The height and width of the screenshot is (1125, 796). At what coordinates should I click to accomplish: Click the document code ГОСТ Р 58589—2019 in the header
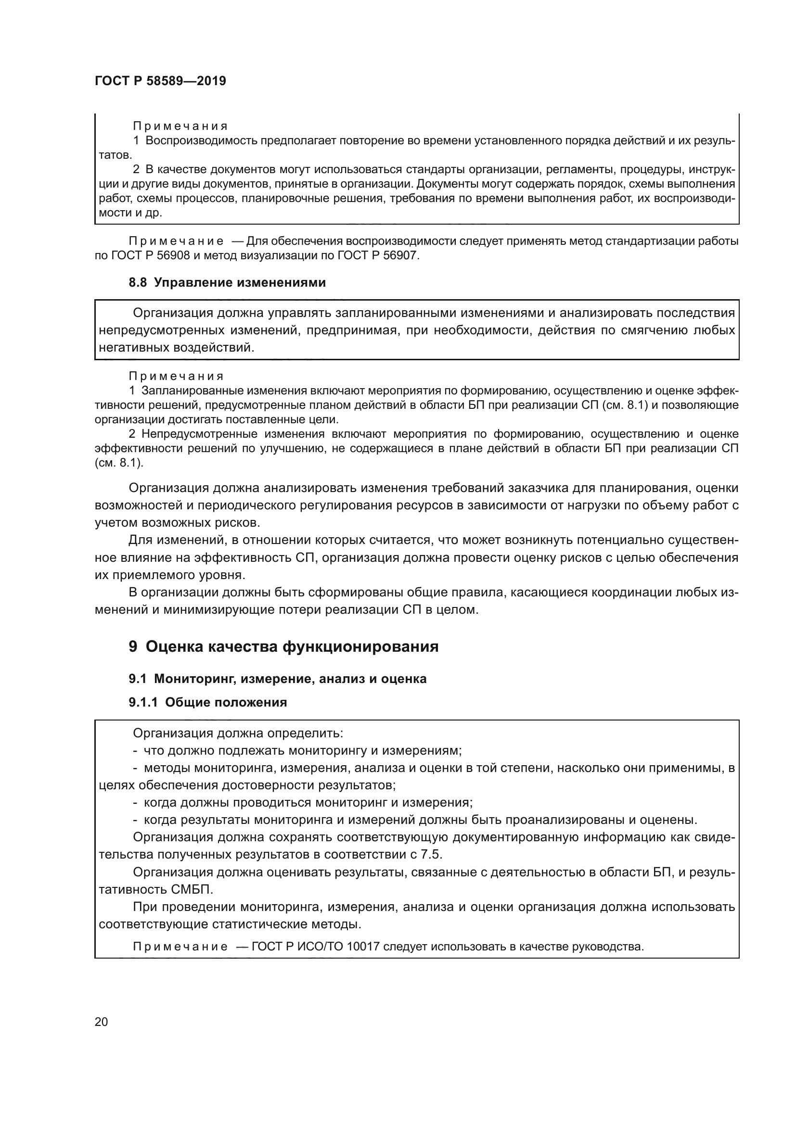(160, 81)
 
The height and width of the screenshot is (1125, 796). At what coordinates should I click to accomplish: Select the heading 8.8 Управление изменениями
(227, 283)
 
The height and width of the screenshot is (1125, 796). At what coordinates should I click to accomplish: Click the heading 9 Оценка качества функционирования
(283, 647)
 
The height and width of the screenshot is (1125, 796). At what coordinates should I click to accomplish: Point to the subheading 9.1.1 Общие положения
(208, 702)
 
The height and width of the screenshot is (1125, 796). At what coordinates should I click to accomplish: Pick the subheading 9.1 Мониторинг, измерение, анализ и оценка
(277, 679)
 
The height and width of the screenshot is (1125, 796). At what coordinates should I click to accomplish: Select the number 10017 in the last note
(363, 946)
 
